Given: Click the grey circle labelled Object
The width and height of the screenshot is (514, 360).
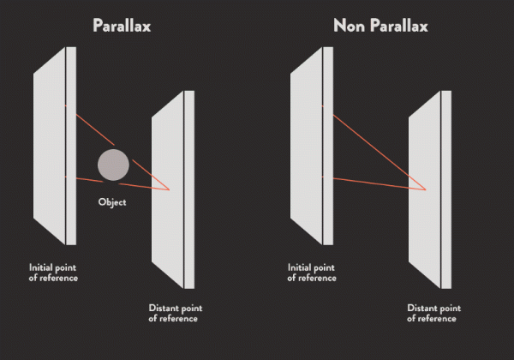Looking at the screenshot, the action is click(113, 165).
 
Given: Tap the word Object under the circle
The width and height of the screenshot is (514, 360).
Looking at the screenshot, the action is click(112, 202).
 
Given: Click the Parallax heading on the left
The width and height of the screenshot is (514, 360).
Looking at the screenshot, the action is click(122, 26).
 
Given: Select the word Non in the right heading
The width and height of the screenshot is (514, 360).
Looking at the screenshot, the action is click(350, 26).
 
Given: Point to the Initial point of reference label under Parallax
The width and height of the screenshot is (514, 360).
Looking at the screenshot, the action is click(53, 273).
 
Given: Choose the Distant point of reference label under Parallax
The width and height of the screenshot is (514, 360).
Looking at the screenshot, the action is click(176, 313).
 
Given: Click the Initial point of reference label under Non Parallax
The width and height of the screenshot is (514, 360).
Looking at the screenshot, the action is click(312, 273).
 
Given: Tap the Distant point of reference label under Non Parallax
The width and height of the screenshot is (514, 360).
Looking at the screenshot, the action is click(434, 313).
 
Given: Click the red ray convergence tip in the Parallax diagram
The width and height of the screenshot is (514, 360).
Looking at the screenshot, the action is click(169, 189).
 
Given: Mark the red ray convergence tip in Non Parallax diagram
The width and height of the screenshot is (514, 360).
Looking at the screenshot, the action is click(426, 189).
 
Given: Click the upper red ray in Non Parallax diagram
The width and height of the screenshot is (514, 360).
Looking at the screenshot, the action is click(374, 147).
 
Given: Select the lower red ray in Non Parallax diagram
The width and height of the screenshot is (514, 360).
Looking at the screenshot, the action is click(374, 183).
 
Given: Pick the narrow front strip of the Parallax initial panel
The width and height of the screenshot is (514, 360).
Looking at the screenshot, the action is click(71, 146).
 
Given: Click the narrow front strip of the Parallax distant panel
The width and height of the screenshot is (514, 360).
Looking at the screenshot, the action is click(189, 189).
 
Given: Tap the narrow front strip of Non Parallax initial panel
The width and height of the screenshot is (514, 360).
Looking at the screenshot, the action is click(328, 146).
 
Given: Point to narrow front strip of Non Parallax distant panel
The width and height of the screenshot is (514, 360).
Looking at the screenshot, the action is click(446, 189).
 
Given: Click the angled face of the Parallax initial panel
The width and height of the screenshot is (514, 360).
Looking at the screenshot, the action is click(49, 146).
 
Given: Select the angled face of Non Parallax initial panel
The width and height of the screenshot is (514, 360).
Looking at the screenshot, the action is click(306, 146).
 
